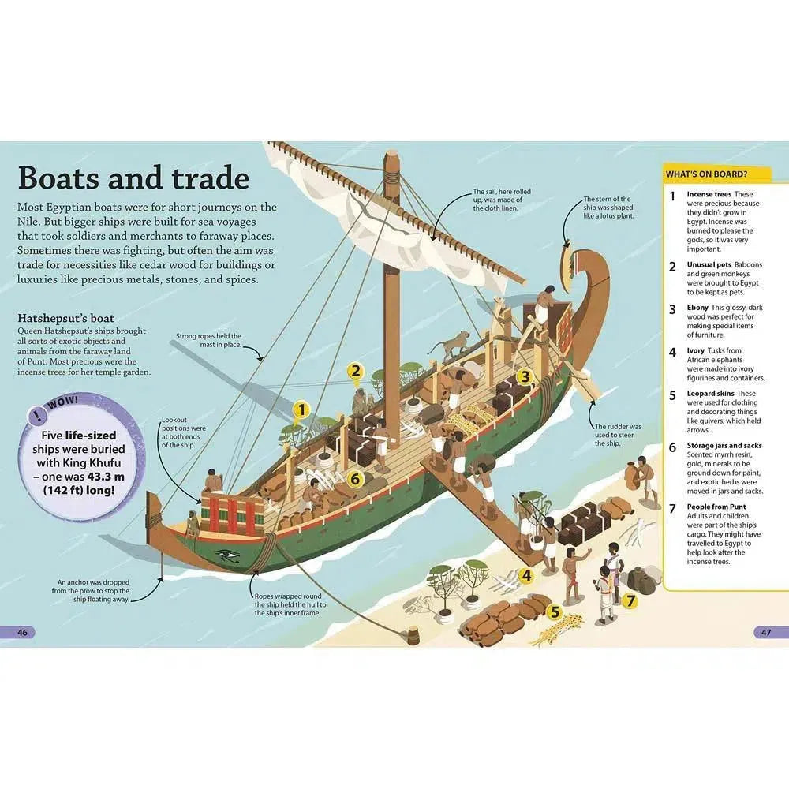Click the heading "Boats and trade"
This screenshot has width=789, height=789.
[x=133, y=178]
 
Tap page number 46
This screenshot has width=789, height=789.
[x=23, y=632]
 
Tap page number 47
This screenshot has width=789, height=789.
[x=765, y=632]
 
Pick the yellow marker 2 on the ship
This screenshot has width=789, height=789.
[x=356, y=371]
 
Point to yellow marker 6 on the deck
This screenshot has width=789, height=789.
[x=354, y=478]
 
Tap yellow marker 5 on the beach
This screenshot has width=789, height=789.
[x=555, y=611]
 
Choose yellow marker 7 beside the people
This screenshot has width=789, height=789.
[x=630, y=600]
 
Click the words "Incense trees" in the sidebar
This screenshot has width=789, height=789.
[x=709, y=194]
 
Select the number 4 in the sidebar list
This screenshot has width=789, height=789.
[x=672, y=352]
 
